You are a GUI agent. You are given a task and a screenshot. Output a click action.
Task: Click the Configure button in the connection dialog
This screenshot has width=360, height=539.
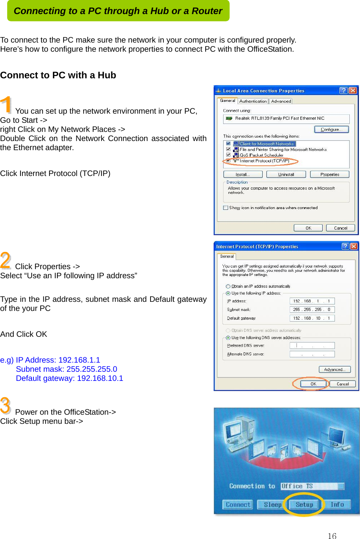[x=331, y=130]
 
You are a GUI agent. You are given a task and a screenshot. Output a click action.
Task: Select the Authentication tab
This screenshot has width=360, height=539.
[x=253, y=101]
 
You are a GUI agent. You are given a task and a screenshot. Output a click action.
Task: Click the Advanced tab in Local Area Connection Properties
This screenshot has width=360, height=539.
[x=281, y=101]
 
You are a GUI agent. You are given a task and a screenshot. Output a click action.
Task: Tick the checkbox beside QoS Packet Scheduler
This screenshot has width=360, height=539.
[x=228, y=155]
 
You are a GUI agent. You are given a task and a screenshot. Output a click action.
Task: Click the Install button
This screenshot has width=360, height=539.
[x=243, y=174]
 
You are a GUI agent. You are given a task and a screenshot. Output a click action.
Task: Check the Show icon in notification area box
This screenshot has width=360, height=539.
[x=226, y=208]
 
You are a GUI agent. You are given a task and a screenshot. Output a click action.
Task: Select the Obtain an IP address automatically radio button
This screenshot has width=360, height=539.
[x=228, y=286]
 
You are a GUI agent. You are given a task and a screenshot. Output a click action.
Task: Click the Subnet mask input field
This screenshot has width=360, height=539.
[x=312, y=309]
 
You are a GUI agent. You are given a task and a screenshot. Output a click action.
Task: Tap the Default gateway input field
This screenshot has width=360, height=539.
[x=312, y=318]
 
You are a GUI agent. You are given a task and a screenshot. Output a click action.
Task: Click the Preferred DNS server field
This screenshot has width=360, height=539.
[x=312, y=346]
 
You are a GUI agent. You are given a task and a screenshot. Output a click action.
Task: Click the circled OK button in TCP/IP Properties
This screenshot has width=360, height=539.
[x=313, y=384]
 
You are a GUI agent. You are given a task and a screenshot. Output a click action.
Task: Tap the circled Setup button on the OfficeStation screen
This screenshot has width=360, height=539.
[x=304, y=505]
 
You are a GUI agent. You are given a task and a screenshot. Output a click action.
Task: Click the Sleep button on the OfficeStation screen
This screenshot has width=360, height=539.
[x=273, y=505]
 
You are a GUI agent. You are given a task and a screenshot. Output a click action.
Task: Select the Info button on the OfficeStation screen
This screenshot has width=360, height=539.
[x=337, y=505]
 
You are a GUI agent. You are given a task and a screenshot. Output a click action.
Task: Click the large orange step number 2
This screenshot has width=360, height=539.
[x=6, y=260]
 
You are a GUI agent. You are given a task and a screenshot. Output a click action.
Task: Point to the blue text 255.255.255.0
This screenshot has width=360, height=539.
[x=92, y=369]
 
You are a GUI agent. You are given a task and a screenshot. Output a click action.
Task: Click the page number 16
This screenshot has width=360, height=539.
[x=332, y=536]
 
